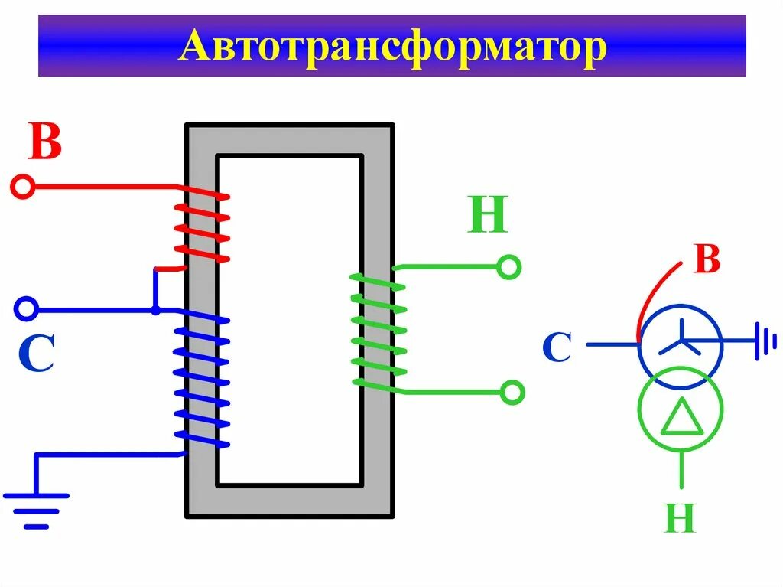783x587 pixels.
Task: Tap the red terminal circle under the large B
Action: (x=23, y=187)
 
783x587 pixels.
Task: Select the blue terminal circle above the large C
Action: (x=26, y=309)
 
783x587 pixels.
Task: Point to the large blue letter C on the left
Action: (x=36, y=354)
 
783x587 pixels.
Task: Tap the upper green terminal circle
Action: (x=508, y=267)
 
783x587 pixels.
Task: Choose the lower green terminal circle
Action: (x=512, y=393)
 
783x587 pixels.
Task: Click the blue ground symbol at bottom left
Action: (x=37, y=508)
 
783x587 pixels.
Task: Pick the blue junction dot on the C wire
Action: (x=155, y=310)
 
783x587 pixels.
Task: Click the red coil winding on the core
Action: (x=202, y=227)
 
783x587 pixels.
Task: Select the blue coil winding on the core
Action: (x=202, y=379)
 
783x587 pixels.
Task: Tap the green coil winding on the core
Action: (x=378, y=332)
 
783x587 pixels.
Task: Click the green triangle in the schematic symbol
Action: (x=680, y=419)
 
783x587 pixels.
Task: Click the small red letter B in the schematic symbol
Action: (x=707, y=260)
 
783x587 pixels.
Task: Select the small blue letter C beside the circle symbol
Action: (x=557, y=348)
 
